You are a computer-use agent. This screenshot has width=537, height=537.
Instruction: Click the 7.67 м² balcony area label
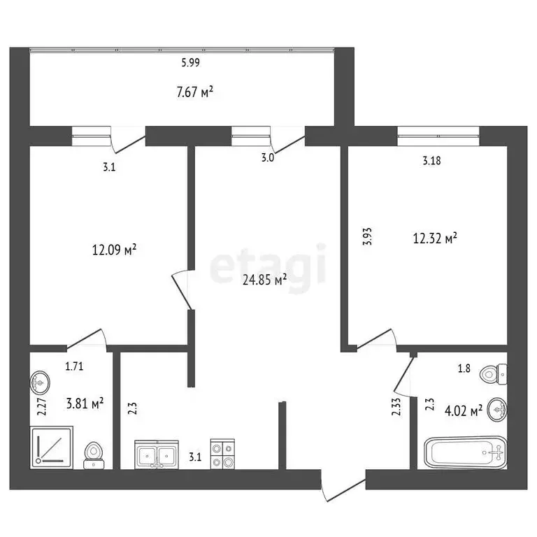click(195, 92)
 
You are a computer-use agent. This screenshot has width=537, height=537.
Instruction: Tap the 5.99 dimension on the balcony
click(191, 63)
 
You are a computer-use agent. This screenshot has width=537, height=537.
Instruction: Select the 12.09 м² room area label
click(115, 250)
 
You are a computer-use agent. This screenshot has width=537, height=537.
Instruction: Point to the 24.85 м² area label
click(264, 280)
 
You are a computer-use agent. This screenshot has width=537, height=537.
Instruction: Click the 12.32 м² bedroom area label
click(435, 238)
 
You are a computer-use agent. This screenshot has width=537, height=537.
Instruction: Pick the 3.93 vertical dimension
click(368, 236)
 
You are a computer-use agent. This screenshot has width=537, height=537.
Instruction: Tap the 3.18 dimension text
click(431, 161)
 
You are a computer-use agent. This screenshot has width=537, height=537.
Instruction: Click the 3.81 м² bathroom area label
click(85, 403)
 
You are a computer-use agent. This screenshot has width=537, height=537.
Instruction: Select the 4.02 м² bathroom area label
click(464, 410)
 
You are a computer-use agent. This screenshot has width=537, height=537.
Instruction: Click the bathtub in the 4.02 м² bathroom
click(466, 452)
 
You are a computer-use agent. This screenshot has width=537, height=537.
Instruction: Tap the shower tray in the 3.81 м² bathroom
click(51, 447)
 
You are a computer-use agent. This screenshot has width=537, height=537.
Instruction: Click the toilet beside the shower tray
click(94, 455)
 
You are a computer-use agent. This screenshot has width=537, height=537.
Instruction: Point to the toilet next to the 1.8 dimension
click(494, 374)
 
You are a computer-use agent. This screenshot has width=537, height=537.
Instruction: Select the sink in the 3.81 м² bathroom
click(40, 383)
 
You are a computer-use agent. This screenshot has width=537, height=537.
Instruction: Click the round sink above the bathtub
click(498, 409)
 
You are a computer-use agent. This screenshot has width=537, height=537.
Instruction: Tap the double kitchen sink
click(157, 454)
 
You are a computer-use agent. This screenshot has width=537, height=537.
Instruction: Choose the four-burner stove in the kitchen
click(222, 454)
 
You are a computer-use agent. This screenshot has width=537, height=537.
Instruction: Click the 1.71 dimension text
click(74, 366)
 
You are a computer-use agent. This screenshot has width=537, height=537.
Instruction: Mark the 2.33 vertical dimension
click(396, 406)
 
